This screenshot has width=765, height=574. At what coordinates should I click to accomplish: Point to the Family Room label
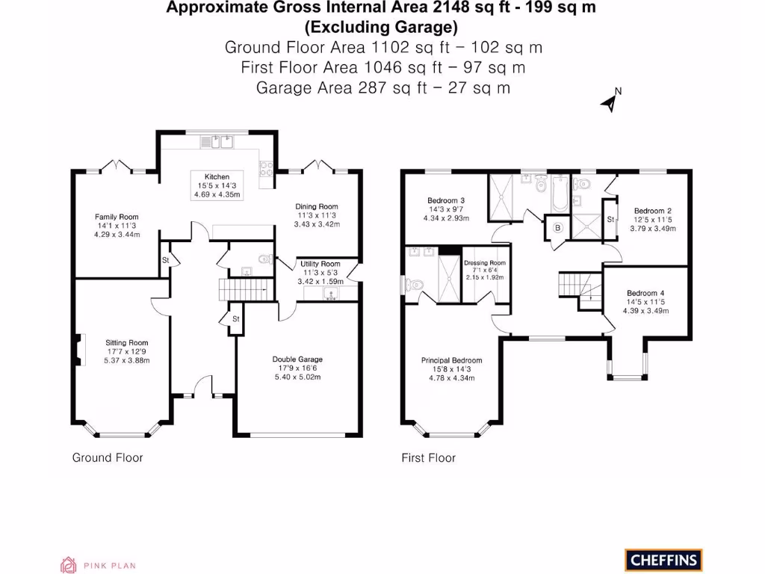tap(117, 217)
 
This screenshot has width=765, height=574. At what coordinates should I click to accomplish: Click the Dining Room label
tap(317, 206)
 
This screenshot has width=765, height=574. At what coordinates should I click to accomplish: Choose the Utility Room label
tap(320, 264)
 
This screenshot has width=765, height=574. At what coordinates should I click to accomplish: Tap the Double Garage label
tap(297, 359)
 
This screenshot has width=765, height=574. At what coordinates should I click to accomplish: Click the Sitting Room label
tap(126, 343)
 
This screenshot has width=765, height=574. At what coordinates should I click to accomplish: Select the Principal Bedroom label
tap(451, 360)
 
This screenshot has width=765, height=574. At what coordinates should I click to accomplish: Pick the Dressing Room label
tap(484, 263)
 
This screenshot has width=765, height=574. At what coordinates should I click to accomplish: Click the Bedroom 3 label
tap(446, 200)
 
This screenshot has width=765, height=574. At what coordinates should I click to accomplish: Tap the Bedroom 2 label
tap(652, 211)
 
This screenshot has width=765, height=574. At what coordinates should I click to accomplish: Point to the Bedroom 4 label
tap(645, 293)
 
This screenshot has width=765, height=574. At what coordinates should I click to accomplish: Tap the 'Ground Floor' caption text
tap(107, 457)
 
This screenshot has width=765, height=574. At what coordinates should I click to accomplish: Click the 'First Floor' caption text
tap(428, 457)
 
